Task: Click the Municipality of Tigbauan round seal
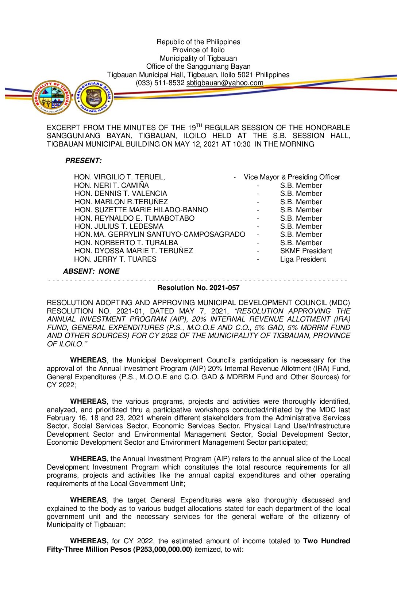coord(51,97)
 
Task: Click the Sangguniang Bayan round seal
coord(94,97)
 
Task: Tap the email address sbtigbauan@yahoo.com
coord(225,83)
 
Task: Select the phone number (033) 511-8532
coord(160,83)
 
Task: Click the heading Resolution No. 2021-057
coord(198,288)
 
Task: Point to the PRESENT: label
coord(84,161)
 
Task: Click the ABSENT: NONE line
coord(91,271)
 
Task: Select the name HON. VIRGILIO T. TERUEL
coord(119,177)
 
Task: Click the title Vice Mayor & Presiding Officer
coord(292,177)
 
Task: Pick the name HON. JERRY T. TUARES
coord(115,259)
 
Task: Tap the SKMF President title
coord(306,251)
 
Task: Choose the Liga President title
coord(303,259)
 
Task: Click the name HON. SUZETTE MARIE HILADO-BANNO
coord(141,210)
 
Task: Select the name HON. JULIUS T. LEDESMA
coord(119,227)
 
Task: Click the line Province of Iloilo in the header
coord(198,50)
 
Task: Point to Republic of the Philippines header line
coord(198,42)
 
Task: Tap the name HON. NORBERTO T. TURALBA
coord(126,243)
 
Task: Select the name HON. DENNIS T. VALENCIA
coord(121,194)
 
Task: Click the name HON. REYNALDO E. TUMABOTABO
coord(135,218)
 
